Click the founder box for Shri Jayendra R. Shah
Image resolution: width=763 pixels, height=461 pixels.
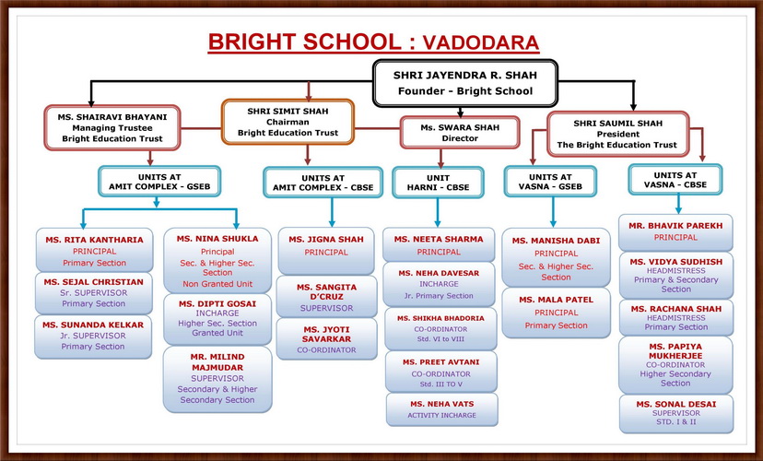(x=465, y=83)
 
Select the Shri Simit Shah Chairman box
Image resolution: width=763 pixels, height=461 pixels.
(x=288, y=123)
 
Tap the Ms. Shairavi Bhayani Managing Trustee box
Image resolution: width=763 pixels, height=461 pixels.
(x=112, y=127)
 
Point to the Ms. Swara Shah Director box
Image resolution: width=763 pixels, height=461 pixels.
(x=460, y=133)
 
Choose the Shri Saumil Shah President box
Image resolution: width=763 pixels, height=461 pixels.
(x=618, y=134)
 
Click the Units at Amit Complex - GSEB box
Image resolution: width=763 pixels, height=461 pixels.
(x=159, y=182)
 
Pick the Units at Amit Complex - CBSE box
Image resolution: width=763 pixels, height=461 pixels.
(x=323, y=183)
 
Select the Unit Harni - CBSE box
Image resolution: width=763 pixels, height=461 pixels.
(x=438, y=183)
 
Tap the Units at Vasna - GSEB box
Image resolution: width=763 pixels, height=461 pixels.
(x=550, y=182)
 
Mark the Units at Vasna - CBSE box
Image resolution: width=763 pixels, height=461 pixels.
(x=675, y=180)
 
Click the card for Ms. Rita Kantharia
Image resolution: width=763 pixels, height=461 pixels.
(x=94, y=250)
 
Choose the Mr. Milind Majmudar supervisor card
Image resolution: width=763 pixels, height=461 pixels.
(x=217, y=379)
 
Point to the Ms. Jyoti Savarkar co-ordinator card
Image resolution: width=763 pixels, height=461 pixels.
(x=326, y=339)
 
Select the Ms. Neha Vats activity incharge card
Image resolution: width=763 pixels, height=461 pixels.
(x=441, y=409)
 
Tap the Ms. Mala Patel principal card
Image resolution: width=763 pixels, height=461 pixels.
(x=557, y=313)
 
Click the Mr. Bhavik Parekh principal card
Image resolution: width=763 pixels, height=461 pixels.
(x=675, y=232)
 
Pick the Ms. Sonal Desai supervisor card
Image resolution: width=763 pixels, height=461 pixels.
(x=676, y=413)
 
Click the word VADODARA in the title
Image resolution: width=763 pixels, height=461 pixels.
(x=481, y=42)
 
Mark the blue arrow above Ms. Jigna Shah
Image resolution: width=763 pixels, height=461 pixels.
(x=332, y=212)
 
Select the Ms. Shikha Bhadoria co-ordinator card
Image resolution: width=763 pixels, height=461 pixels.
(x=440, y=328)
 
